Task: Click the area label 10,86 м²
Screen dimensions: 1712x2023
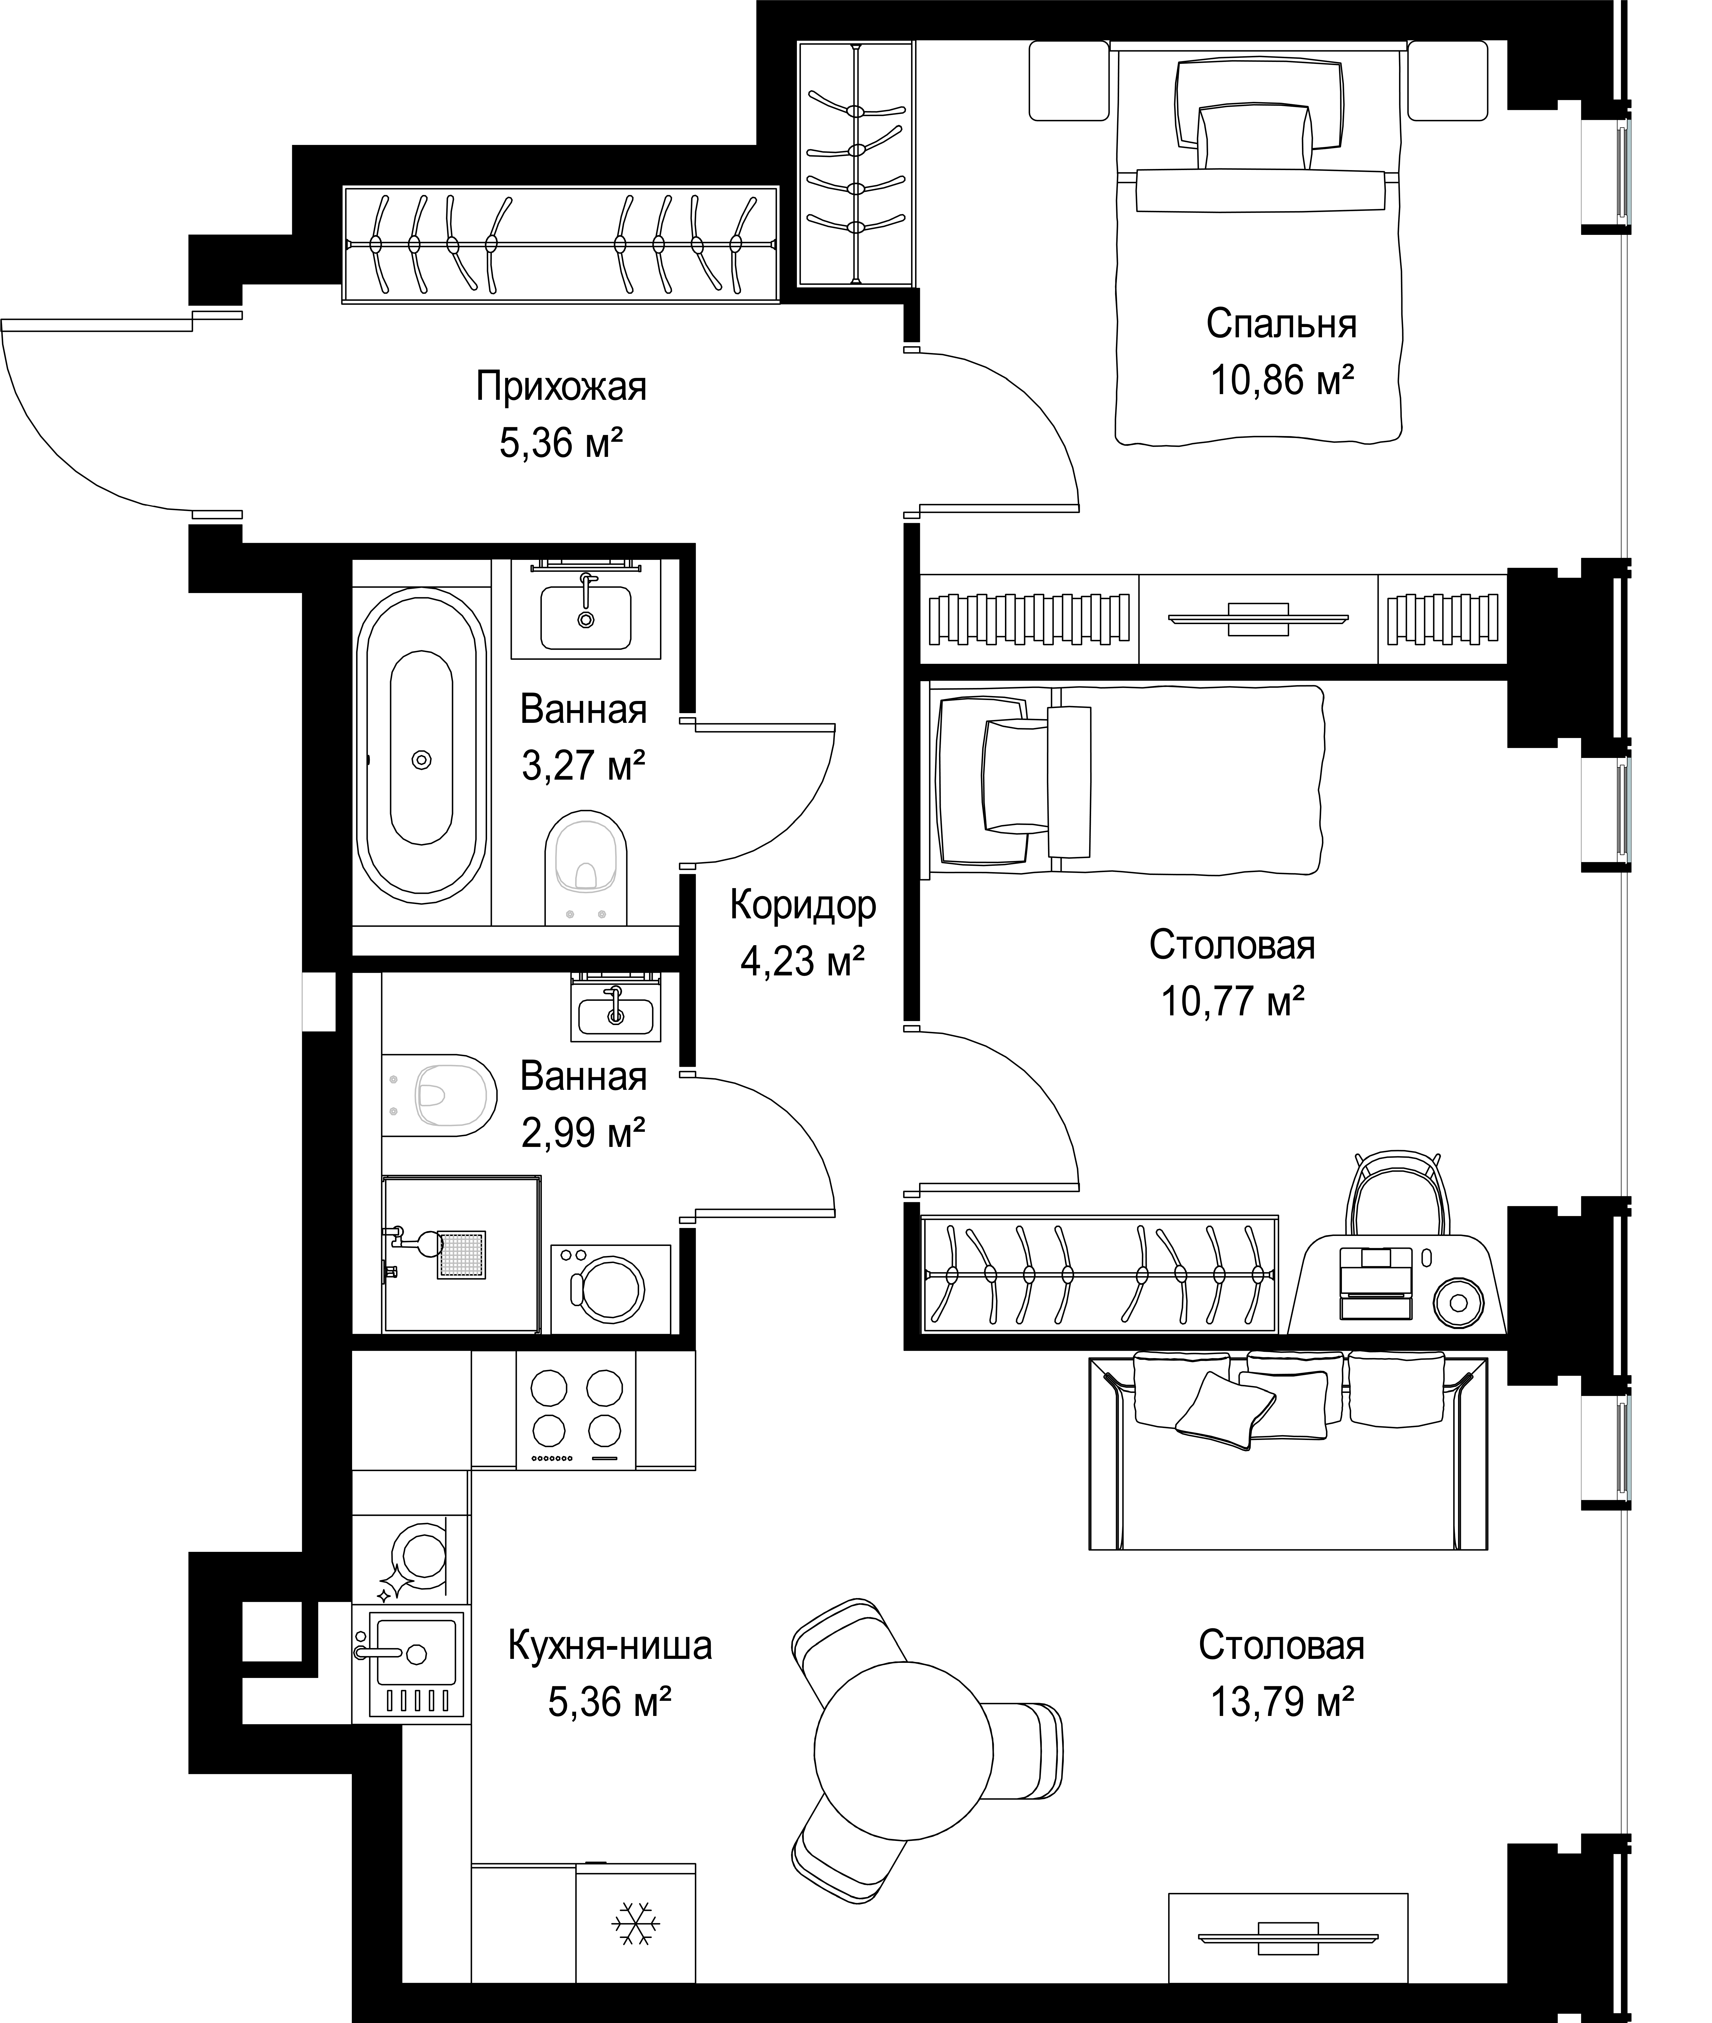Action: (x=1281, y=380)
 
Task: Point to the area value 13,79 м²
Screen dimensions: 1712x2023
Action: (x=1282, y=1702)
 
